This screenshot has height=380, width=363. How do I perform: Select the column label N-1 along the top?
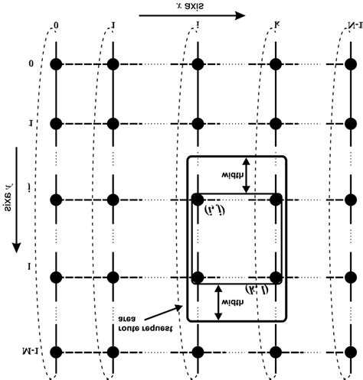(341, 31)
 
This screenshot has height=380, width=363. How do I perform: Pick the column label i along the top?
(198, 31)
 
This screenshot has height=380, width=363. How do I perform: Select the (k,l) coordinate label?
(255, 291)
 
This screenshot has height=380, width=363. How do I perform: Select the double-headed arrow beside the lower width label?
(217, 301)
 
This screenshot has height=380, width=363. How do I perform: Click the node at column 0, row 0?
(56, 64)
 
